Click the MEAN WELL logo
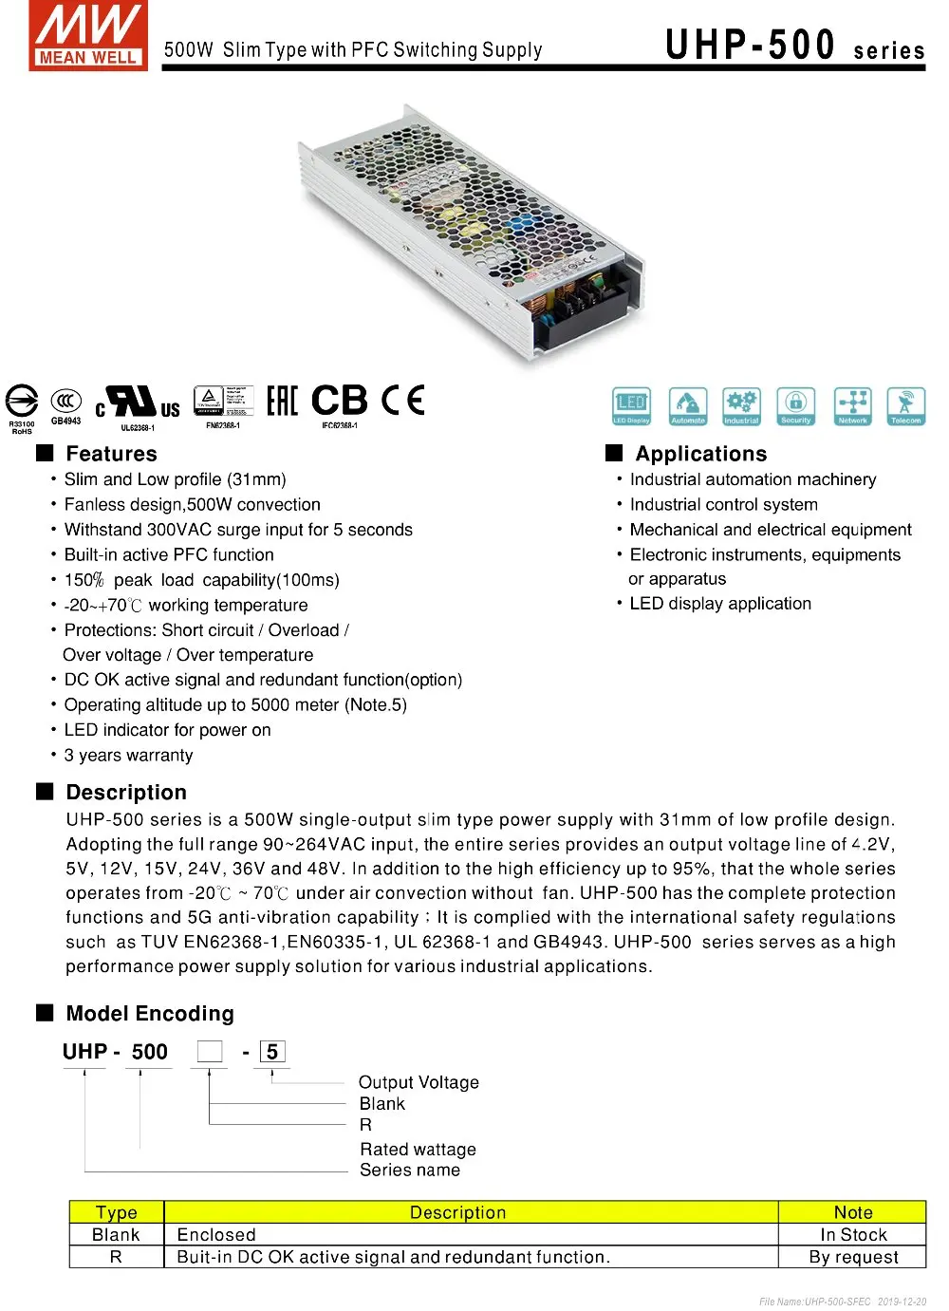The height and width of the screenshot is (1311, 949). tap(87, 35)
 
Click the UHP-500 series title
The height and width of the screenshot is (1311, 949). tap(794, 45)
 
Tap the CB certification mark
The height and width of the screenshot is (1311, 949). tap(339, 401)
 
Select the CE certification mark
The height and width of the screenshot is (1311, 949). tap(402, 401)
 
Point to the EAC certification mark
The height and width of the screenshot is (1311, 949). tap(282, 401)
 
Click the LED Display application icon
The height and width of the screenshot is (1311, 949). tap(631, 405)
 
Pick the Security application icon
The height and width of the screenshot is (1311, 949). tap(795, 405)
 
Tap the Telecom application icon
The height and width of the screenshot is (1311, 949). tap(905, 405)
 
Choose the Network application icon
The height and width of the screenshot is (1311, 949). tap(852, 405)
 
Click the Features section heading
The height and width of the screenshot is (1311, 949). tap(111, 454)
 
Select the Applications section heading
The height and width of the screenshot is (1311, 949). tap(700, 454)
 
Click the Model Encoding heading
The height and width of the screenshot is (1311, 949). tap(150, 1014)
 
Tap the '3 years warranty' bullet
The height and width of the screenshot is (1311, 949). tap(128, 756)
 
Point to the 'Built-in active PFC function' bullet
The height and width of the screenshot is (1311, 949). tap(169, 555)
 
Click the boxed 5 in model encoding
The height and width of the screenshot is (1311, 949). tap(272, 1052)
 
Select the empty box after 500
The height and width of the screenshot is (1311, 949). tap(210, 1052)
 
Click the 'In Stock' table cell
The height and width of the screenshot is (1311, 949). tap(853, 1235)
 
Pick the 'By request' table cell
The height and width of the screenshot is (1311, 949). tap(853, 1257)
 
